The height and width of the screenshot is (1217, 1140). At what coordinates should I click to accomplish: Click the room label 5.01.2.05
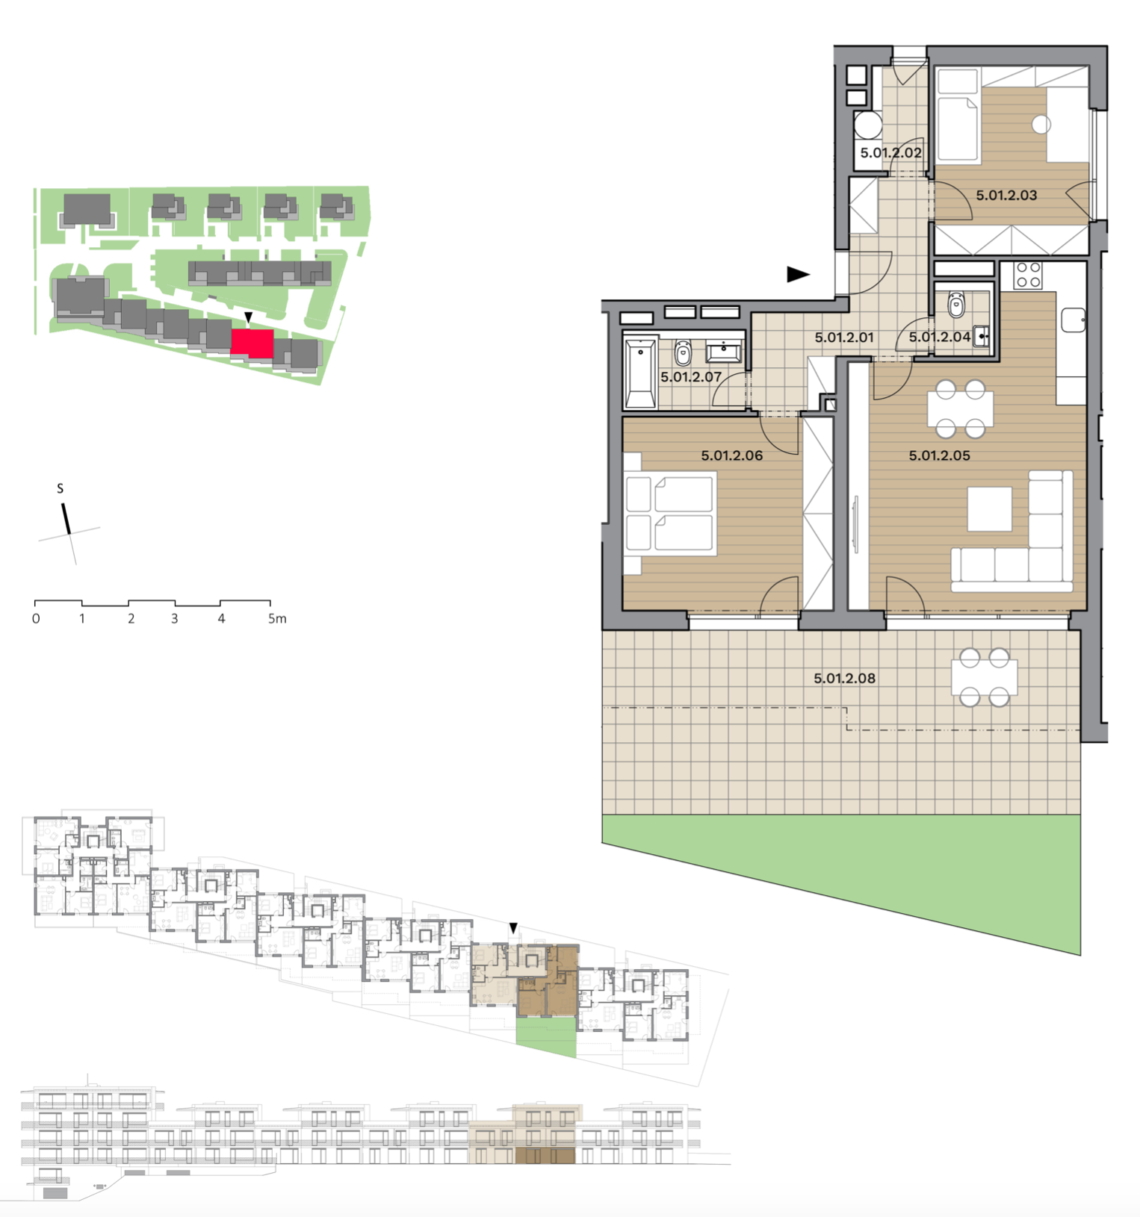click(x=939, y=455)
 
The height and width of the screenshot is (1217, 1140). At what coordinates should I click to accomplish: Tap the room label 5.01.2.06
click(x=731, y=455)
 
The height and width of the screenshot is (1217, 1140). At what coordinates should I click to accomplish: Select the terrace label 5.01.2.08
click(x=844, y=678)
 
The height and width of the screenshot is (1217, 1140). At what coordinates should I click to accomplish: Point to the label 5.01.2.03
click(x=1006, y=196)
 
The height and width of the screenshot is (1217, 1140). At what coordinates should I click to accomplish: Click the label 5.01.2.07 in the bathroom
click(x=691, y=377)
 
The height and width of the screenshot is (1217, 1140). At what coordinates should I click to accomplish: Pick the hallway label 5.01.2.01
click(x=844, y=337)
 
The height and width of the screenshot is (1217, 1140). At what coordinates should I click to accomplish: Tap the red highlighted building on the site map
click(x=253, y=343)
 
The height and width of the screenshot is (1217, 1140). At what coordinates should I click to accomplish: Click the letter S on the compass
click(x=61, y=489)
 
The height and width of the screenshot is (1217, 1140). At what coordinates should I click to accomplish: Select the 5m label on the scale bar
click(x=277, y=618)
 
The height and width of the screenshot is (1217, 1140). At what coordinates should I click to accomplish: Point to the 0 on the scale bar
click(x=36, y=618)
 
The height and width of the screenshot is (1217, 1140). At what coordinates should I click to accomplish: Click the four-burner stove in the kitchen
click(x=1028, y=276)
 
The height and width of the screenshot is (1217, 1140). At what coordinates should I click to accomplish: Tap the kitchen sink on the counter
click(x=1074, y=320)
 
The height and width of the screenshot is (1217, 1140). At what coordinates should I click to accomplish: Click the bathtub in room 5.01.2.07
click(x=641, y=373)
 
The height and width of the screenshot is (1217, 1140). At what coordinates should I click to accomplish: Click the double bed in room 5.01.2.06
click(x=670, y=514)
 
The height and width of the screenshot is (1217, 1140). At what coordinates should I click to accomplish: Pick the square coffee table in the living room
click(x=990, y=509)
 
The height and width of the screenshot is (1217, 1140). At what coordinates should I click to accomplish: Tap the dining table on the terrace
click(x=984, y=678)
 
